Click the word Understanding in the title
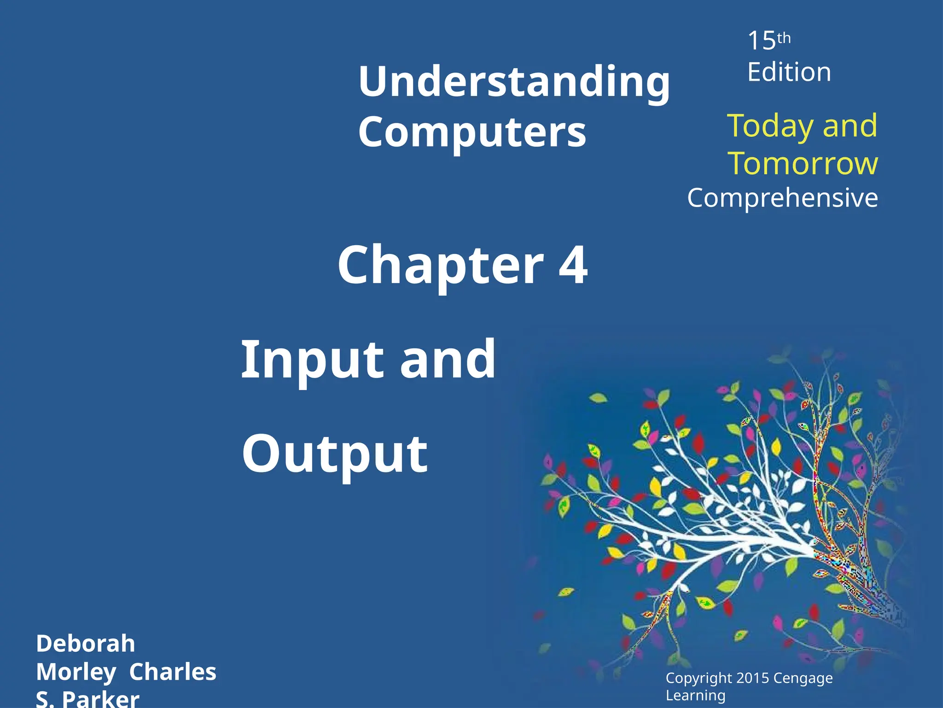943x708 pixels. pyautogui.click(x=514, y=82)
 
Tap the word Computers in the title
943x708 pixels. pyautogui.click(x=472, y=132)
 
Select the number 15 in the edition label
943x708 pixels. pyautogui.click(x=762, y=41)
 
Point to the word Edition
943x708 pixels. pyautogui.click(x=789, y=72)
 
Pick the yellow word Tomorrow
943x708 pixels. pyautogui.click(x=803, y=164)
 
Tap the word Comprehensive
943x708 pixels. pyautogui.click(x=782, y=198)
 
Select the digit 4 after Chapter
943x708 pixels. pyautogui.click(x=573, y=265)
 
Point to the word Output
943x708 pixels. pyautogui.click(x=335, y=454)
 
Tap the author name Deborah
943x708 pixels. pyautogui.click(x=86, y=643)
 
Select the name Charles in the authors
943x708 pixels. pyautogui.click(x=173, y=672)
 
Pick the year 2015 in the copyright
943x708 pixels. pyautogui.click(x=752, y=678)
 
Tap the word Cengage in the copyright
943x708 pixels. pyautogui.click(x=803, y=678)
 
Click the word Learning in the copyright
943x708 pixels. pyautogui.click(x=695, y=695)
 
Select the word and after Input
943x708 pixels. pyautogui.click(x=448, y=360)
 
